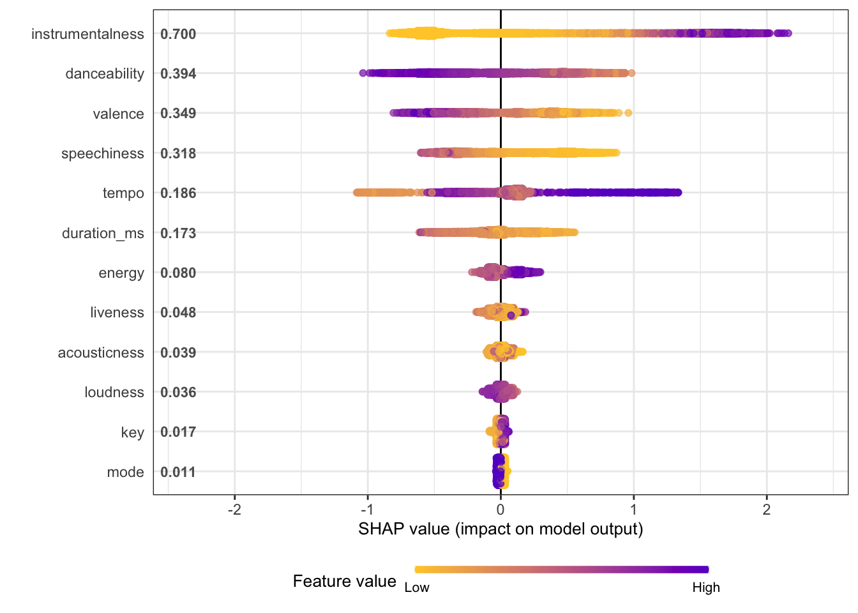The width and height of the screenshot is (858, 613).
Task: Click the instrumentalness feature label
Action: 87,34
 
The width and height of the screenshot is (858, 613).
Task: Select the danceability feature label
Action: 105,73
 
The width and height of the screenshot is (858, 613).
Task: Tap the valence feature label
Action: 118,114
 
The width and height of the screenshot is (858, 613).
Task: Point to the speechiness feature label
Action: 103,153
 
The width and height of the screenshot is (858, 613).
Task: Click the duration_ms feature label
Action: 103,233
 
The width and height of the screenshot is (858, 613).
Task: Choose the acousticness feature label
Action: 101,352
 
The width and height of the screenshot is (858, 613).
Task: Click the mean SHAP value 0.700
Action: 178,34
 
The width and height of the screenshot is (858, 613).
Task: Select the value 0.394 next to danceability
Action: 178,73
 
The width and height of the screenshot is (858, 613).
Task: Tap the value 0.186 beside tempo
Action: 178,193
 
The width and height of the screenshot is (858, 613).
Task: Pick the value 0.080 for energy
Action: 178,273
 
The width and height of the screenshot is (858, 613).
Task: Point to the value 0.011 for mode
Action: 178,472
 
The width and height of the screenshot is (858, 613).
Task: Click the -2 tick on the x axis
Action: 234,509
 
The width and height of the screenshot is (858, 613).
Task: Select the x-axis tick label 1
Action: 633,509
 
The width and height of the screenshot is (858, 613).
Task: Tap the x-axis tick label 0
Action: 500,509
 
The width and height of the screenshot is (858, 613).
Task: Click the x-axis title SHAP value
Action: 500,529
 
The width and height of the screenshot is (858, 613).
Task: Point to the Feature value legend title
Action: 344,581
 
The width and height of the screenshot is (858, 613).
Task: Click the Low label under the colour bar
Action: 417,587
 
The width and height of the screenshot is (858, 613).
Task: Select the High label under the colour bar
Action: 706,587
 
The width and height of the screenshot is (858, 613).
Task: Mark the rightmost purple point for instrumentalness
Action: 788,33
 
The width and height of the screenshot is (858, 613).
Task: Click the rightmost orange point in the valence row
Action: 628,113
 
